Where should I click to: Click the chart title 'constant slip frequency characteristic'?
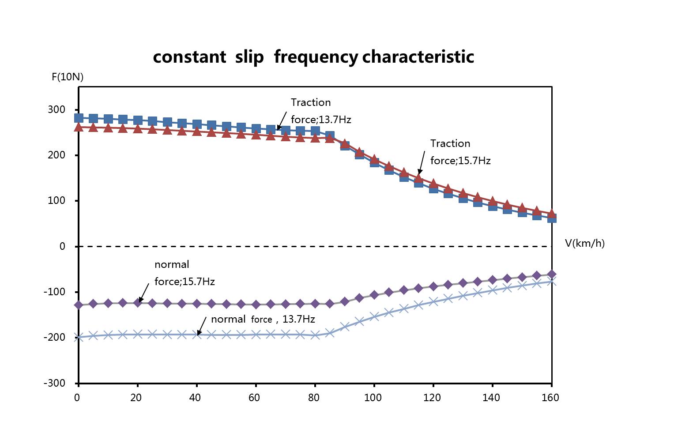313,57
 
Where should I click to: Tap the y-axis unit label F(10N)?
68,77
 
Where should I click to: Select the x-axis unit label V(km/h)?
584,243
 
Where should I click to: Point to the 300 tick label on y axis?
56,109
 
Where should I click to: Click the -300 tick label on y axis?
54,383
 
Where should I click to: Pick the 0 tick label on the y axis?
62,246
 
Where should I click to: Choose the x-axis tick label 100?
373,398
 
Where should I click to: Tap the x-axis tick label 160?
550,398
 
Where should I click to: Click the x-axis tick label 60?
255,398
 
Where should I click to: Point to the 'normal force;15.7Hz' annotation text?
185,273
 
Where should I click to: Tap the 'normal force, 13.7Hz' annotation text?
263,319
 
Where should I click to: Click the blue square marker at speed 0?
79,118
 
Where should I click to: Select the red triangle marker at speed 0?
79,127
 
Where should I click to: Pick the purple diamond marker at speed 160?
551,274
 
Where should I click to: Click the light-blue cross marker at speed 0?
79,337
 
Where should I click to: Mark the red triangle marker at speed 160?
551,214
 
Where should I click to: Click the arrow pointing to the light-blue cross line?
202,326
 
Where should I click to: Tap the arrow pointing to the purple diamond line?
143,293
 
